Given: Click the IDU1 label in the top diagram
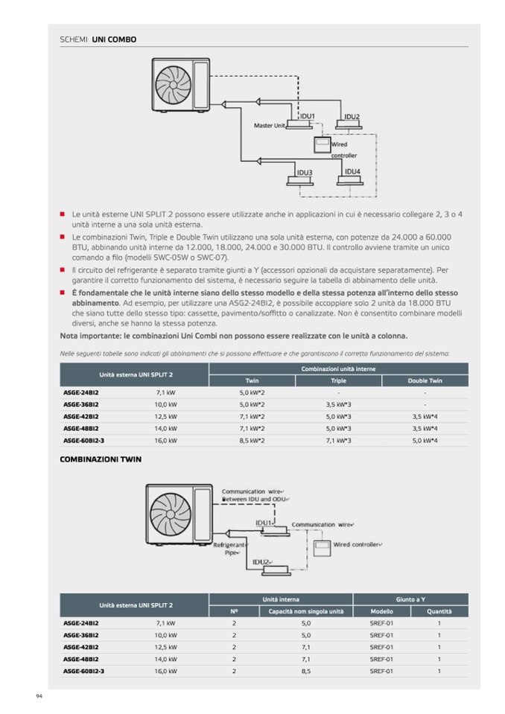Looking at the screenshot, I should (308, 116).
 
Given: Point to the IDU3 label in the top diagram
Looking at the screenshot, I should (304, 173).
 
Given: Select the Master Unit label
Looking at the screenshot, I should (270, 126).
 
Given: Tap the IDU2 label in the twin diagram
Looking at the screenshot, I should (261, 562).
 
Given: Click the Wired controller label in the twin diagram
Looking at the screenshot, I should (358, 545).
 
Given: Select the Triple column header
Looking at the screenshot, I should (338, 380).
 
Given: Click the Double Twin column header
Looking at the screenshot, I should (425, 380).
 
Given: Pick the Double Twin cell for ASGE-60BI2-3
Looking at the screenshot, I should (425, 441).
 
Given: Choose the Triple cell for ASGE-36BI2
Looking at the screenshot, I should (338, 404).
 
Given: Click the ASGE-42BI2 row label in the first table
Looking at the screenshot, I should (80, 417).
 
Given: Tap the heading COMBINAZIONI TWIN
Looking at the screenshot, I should (100, 459).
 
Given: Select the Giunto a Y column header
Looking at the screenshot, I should (410, 599).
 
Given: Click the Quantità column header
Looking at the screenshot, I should (439, 611).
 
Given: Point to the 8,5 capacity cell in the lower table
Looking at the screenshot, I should (306, 672).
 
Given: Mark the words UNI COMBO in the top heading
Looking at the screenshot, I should (114, 39).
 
